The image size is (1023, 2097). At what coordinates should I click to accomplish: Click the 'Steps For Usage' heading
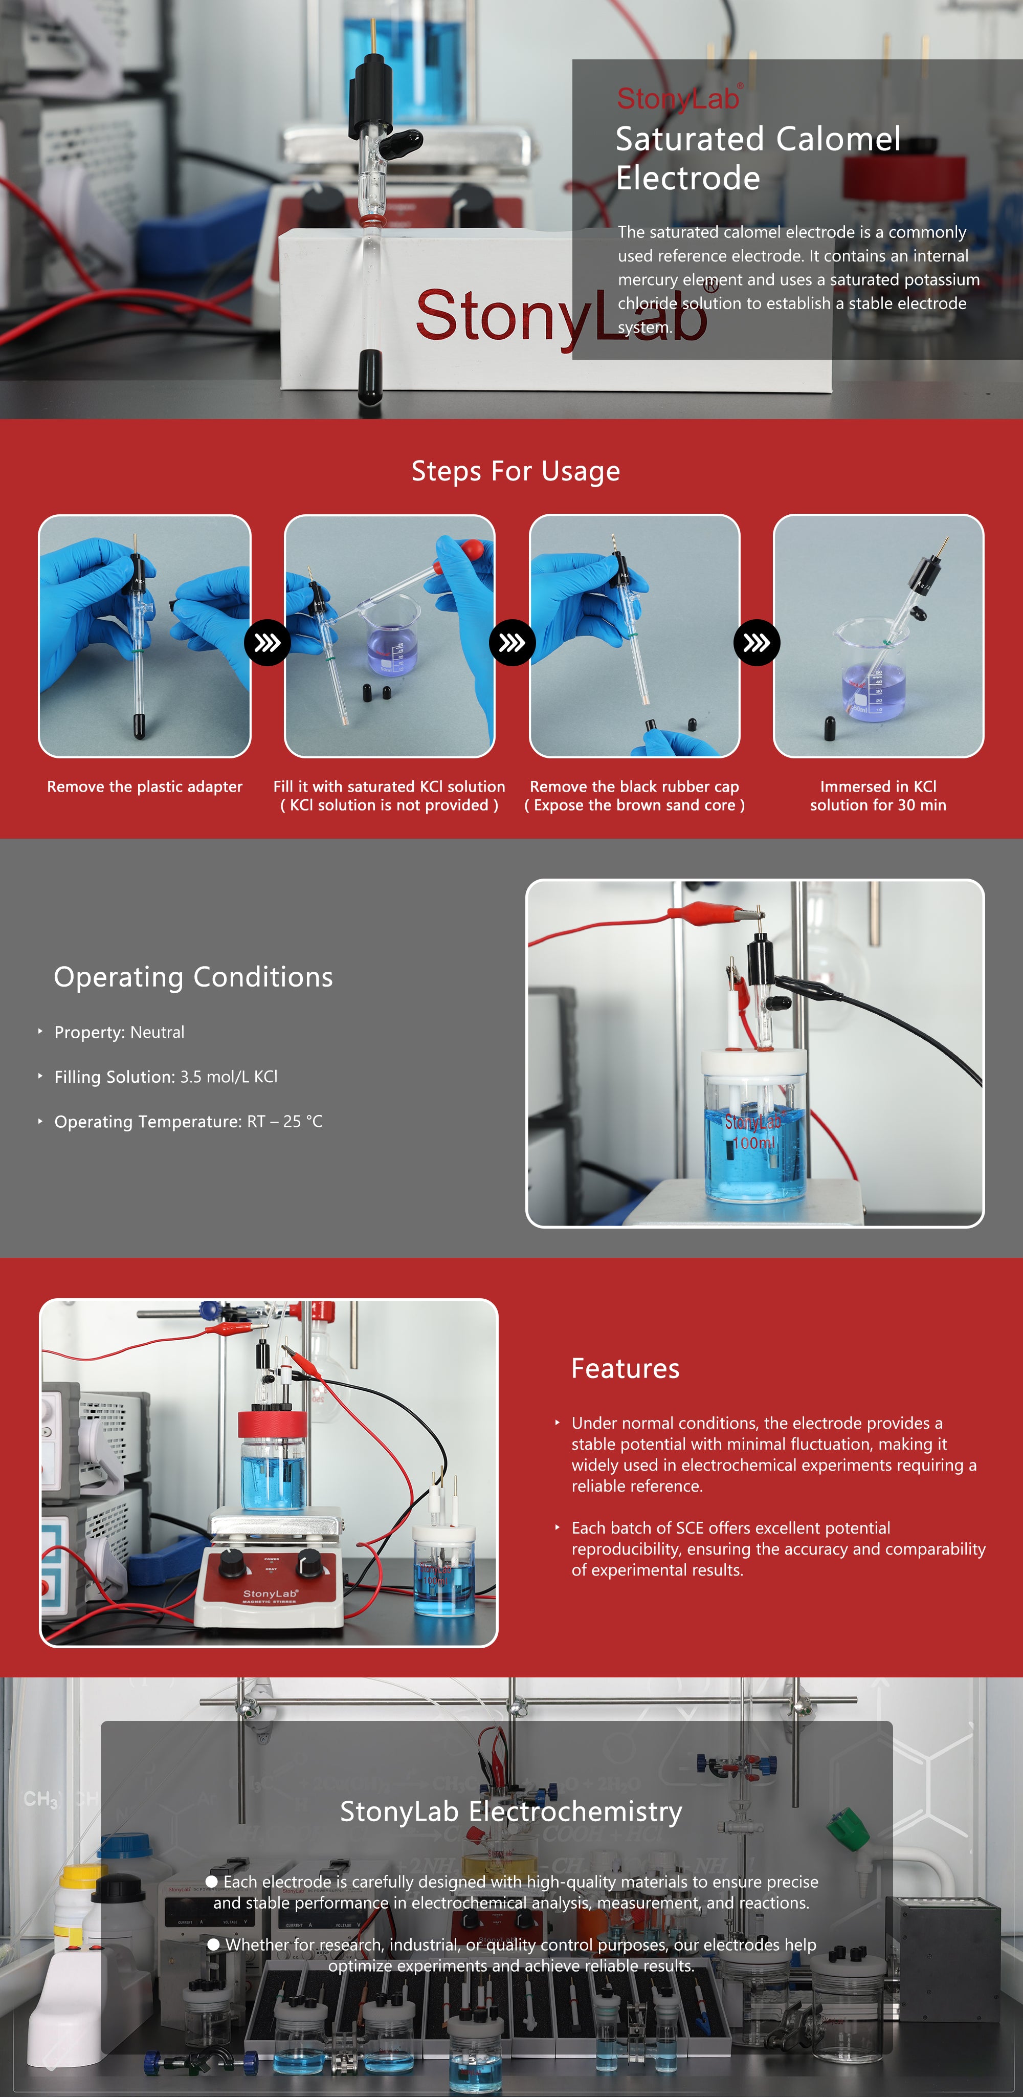[515, 471]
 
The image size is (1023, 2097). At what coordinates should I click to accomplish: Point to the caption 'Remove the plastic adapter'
[145, 787]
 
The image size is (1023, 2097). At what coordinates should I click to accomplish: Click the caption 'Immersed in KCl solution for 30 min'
[878, 795]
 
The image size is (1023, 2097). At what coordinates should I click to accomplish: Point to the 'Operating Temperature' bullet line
[188, 1122]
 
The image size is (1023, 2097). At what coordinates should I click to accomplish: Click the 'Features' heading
[625, 1368]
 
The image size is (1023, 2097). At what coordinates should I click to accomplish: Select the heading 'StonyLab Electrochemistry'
[511, 1811]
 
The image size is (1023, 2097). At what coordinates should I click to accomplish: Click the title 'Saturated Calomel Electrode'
[758, 158]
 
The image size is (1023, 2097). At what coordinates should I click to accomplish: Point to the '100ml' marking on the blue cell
[753, 1143]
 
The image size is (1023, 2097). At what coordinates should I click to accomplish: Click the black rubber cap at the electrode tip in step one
[139, 725]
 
